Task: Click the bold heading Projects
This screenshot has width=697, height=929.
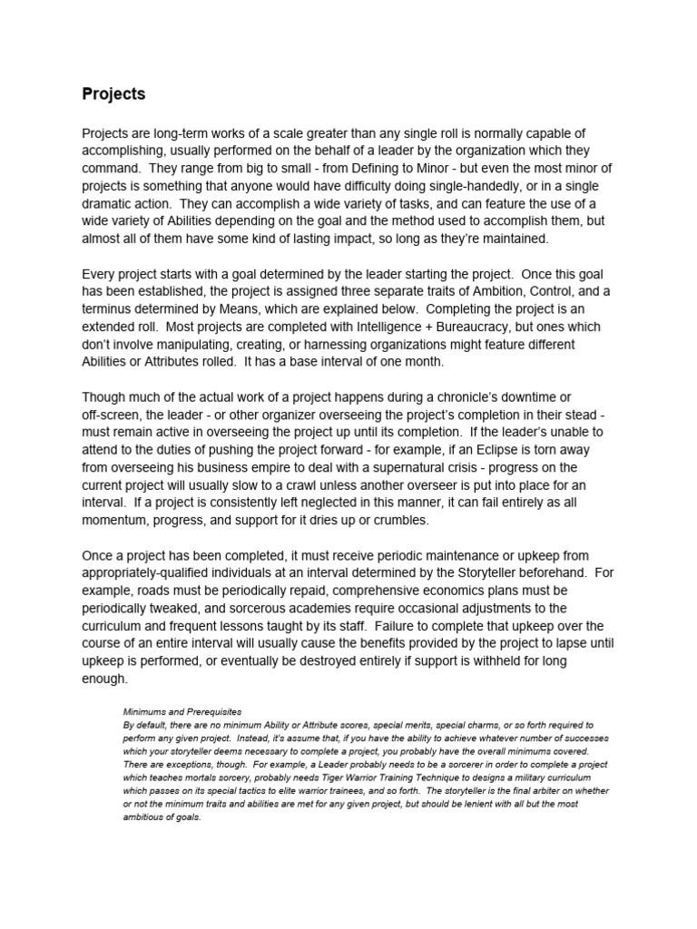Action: coord(113,93)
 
